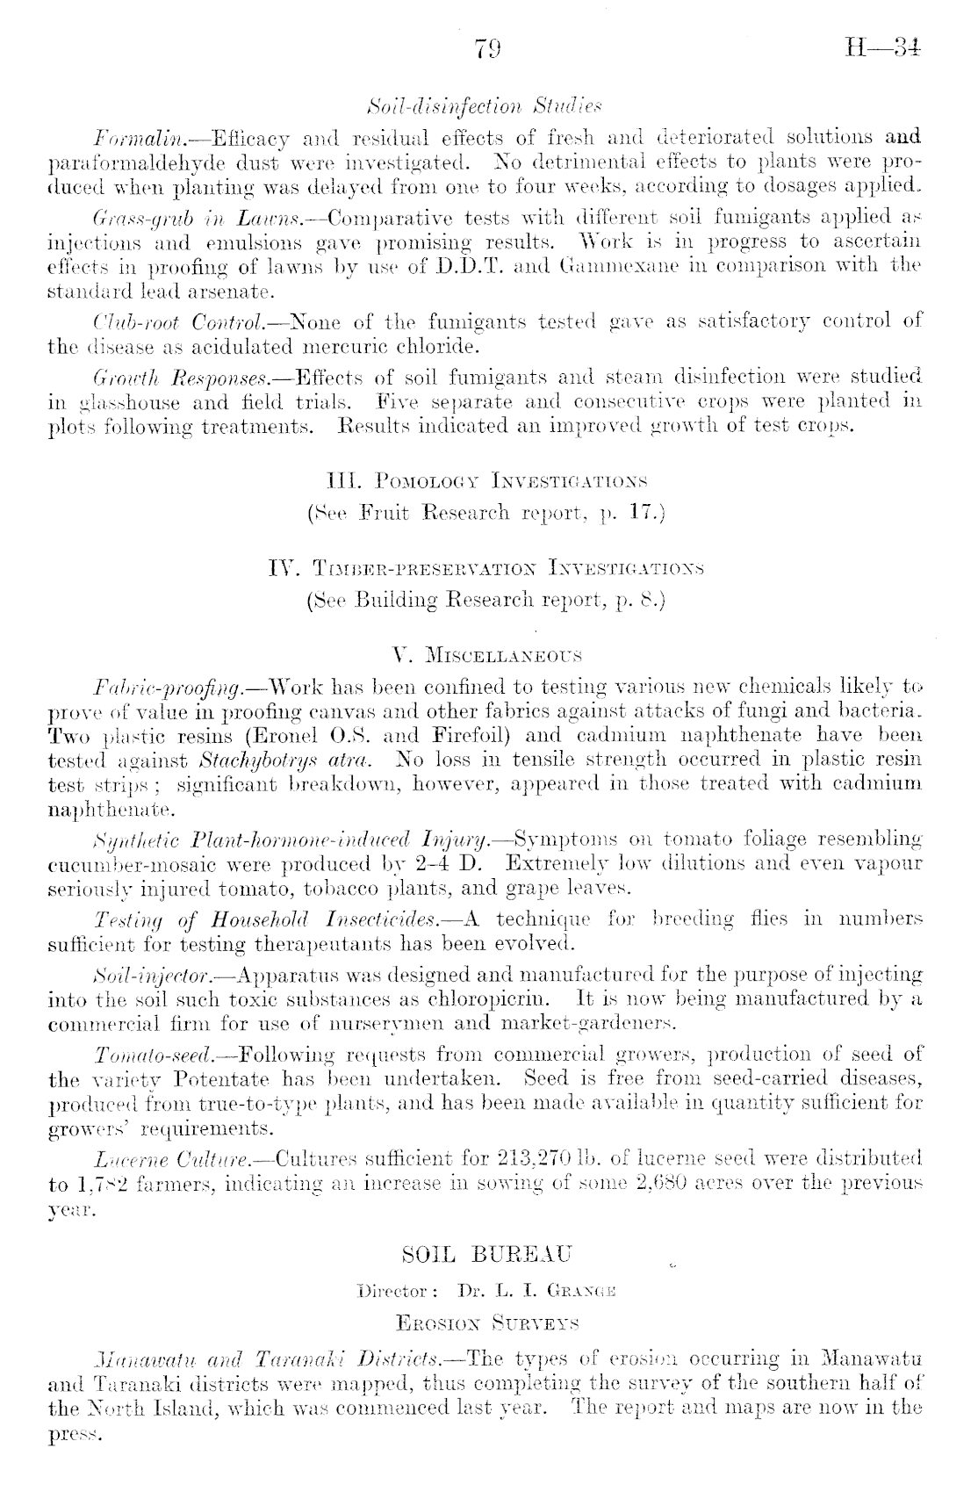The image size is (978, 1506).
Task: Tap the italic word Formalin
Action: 124,137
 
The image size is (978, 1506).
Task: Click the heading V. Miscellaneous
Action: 487,655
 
